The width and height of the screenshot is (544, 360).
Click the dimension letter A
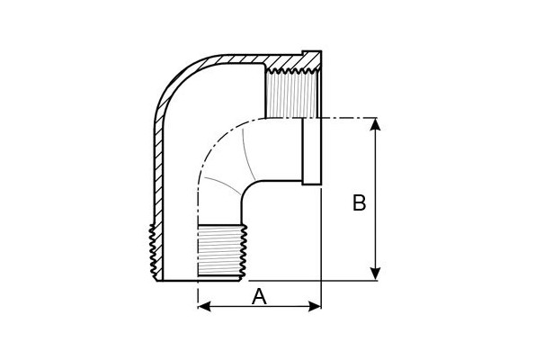tap(259, 297)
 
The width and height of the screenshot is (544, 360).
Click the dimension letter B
tap(359, 202)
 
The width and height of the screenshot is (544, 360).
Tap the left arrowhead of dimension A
tap(204, 306)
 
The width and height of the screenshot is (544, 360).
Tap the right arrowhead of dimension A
tap(315, 306)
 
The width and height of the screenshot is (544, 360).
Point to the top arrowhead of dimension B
tap(375, 124)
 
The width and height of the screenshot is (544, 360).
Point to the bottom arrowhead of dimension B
tap(375, 274)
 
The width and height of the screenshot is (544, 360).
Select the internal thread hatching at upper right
tap(290, 94)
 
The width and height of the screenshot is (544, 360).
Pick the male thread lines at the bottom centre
tap(222, 250)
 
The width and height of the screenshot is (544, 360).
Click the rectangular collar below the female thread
tap(311, 151)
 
